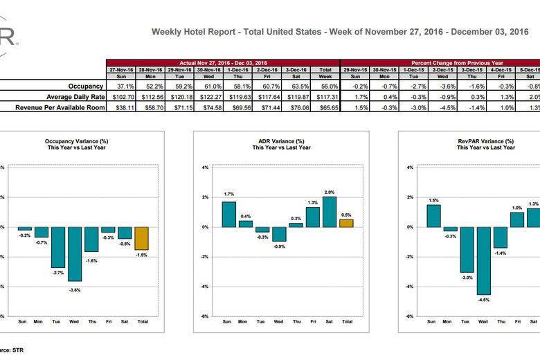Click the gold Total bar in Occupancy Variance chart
coord(141,238)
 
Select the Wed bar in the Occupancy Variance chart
coord(75,253)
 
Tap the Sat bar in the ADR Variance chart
coord(330,212)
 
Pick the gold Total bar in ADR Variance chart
coord(346,223)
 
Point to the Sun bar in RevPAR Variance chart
coord(433,215)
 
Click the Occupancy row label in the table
coord(86,86)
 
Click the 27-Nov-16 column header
coord(120,70)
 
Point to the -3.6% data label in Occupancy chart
coord(75,289)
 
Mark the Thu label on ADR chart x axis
coord(296,322)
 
